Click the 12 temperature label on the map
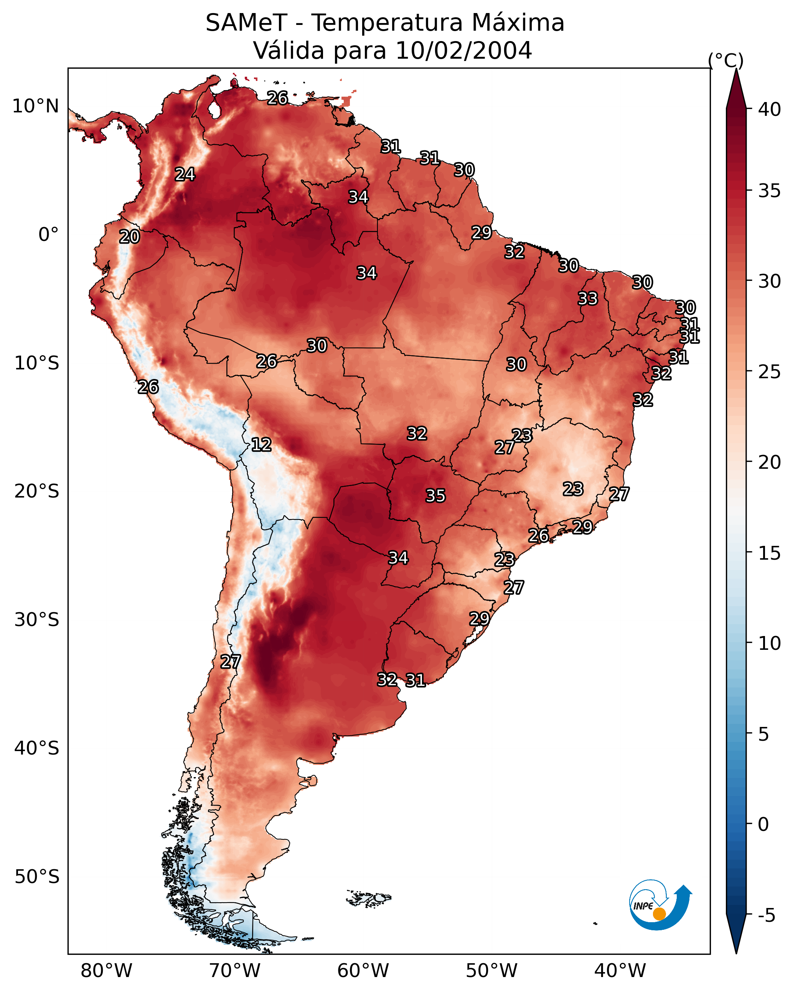261,445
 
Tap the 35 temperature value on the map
435,496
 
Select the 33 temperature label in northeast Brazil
588,298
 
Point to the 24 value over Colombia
185,175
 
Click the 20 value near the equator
129,237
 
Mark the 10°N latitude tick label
35,106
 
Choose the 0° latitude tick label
48,235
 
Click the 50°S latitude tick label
37,877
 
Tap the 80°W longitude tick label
106,971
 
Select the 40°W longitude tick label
620,971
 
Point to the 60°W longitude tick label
363,971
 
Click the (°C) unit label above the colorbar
725,60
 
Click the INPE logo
659,905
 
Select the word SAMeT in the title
246,23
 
